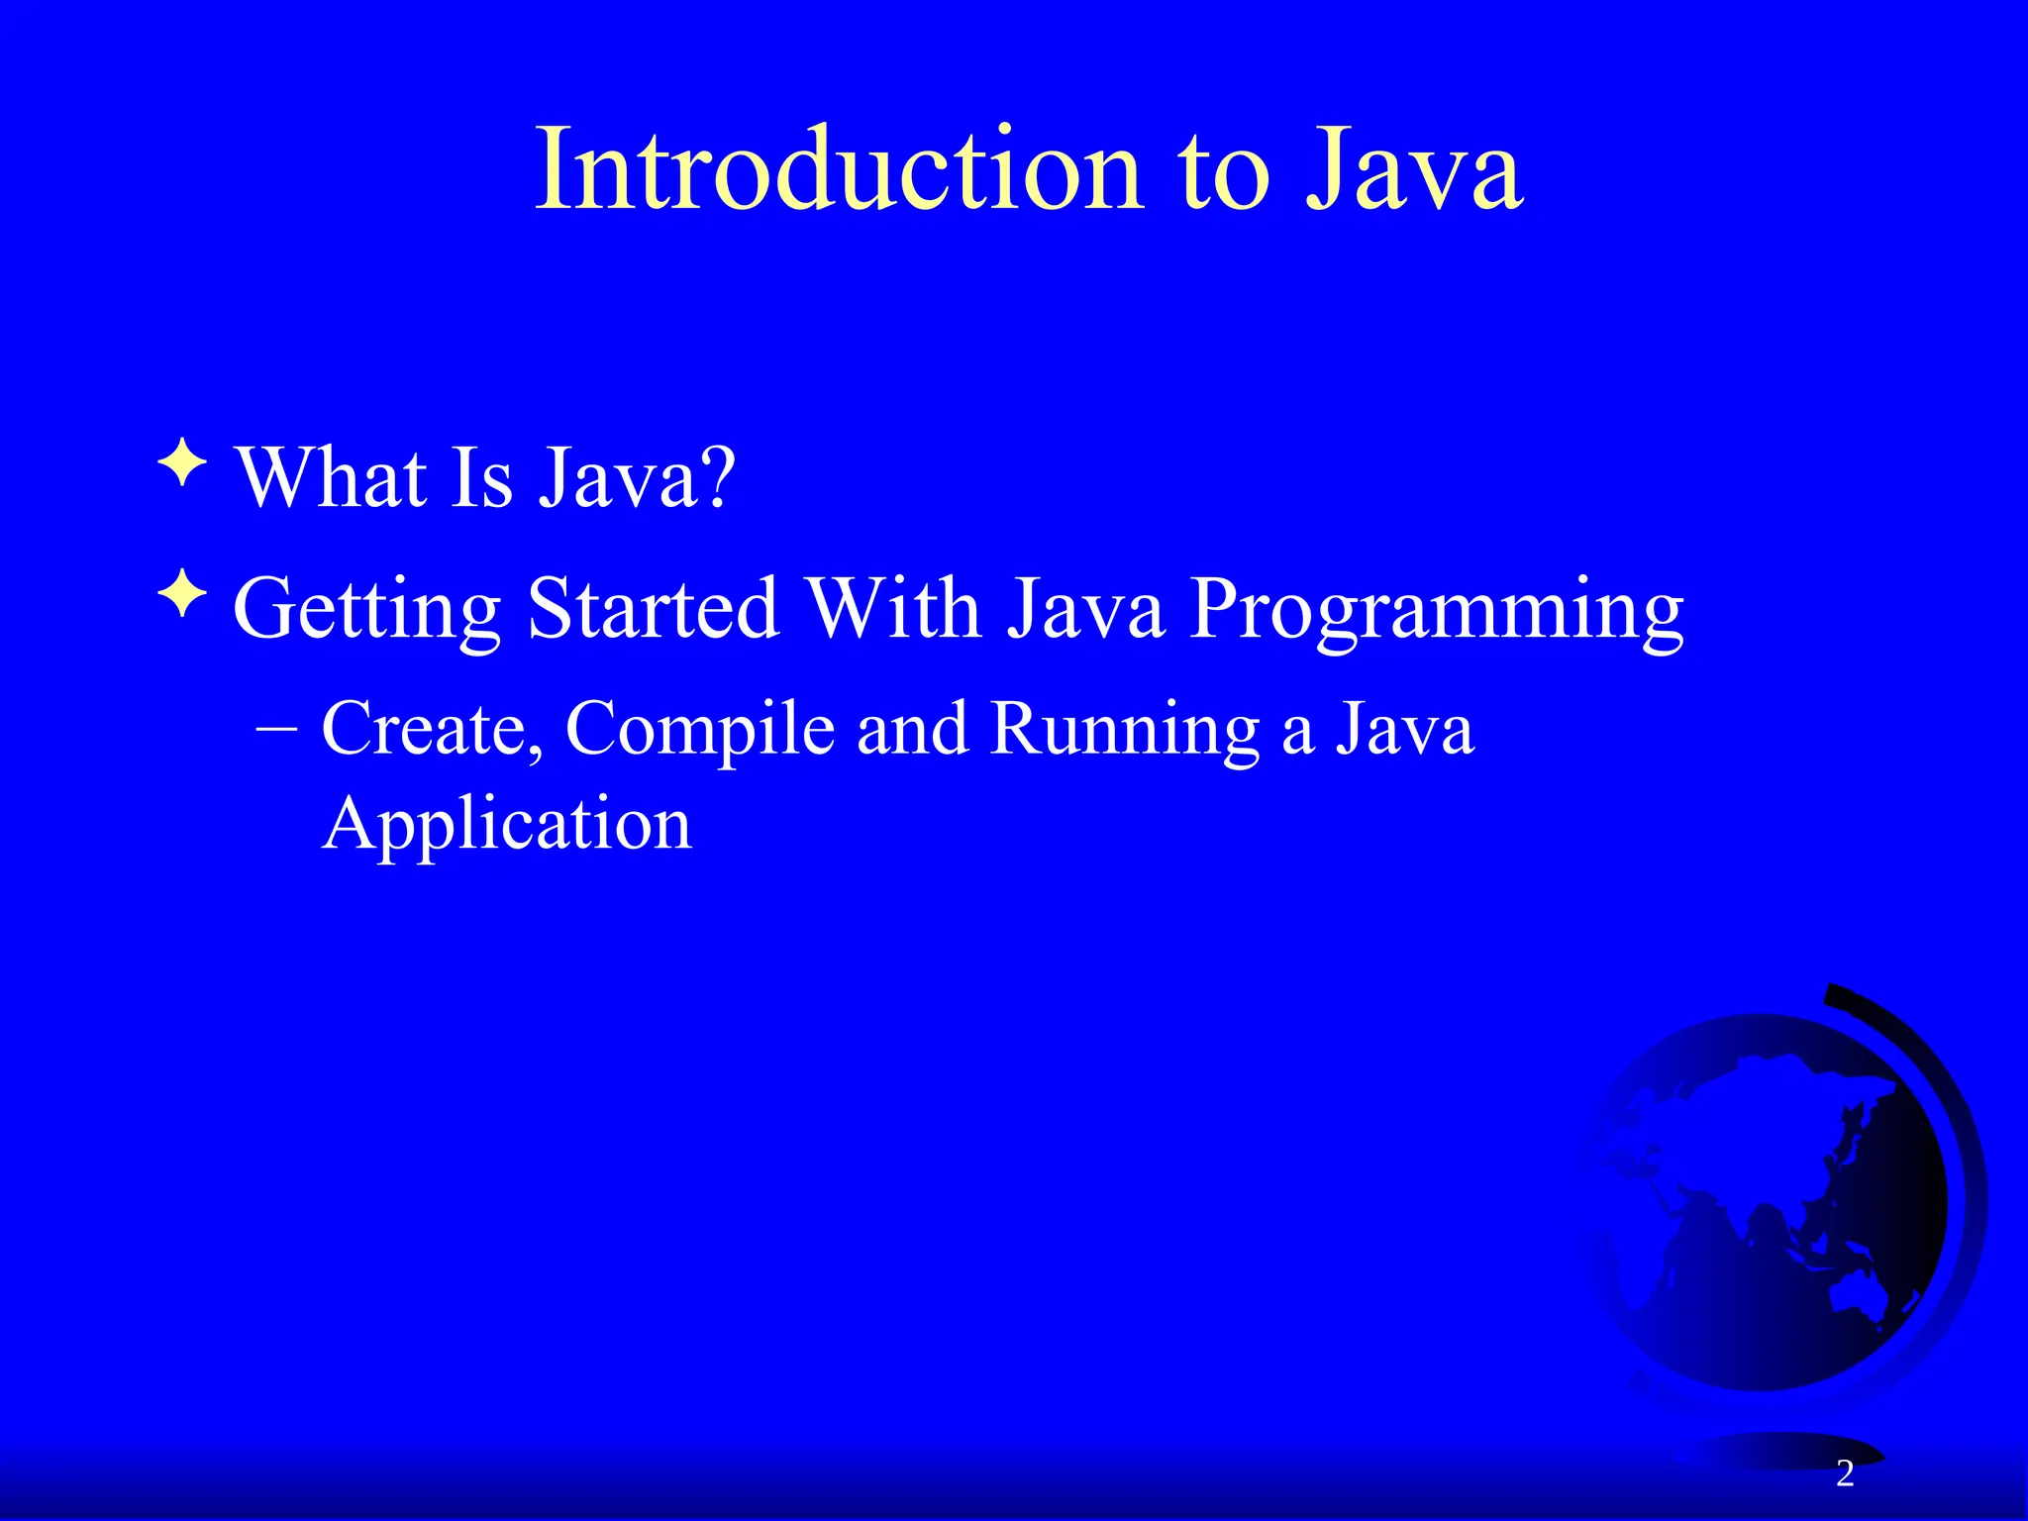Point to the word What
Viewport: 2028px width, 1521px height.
coord(331,478)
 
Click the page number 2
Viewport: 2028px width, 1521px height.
coord(1844,1473)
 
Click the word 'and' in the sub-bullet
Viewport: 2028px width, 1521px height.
coord(911,730)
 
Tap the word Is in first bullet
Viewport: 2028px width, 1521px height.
coord(482,478)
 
